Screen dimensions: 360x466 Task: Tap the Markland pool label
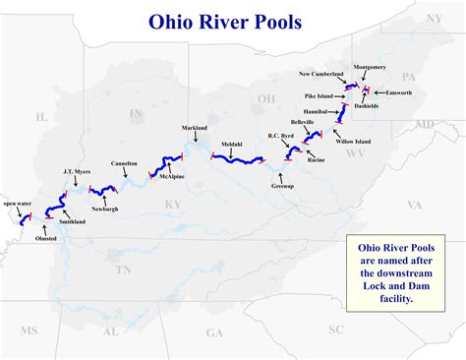(195, 129)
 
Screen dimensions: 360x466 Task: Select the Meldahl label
(232, 144)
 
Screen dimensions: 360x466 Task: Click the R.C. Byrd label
(281, 137)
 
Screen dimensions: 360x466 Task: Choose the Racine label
(316, 159)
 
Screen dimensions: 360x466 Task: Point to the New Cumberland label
(320, 74)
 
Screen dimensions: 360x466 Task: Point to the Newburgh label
(105, 209)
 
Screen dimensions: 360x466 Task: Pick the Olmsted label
(46, 238)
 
